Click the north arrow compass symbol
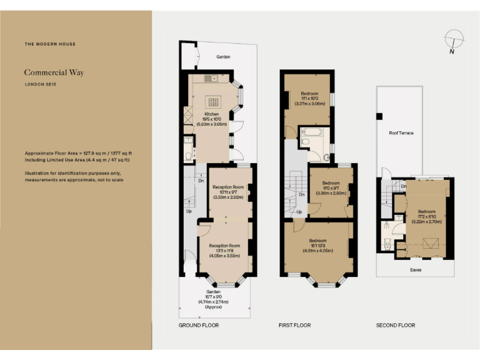(452, 41)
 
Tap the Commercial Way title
(54, 72)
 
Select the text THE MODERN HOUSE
(50, 44)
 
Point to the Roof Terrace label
(401, 133)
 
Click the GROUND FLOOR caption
(198, 326)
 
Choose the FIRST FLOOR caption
(294, 326)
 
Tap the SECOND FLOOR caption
(396, 326)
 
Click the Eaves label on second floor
(416, 270)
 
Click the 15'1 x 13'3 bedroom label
(317, 245)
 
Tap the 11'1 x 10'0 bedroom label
(309, 98)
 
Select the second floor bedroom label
(426, 216)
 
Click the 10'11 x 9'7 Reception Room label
(227, 192)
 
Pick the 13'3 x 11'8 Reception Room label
(225, 250)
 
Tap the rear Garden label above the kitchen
(223, 57)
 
